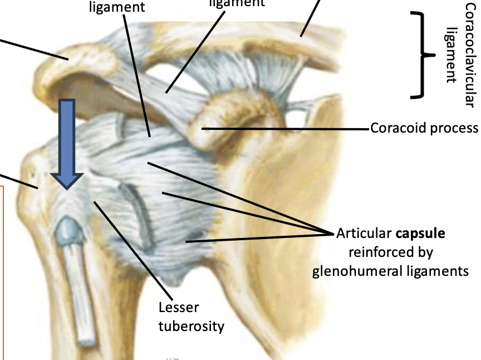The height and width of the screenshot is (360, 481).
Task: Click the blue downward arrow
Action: coord(67,139)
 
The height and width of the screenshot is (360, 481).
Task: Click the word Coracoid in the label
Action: coord(392,128)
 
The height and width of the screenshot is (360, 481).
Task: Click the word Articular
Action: coord(364,233)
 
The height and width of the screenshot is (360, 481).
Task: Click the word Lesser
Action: coord(178,308)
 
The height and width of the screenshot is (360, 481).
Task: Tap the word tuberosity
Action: coord(192,325)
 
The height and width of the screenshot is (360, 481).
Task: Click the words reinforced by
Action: coord(391,252)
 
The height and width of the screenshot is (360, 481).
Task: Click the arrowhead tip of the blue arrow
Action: coord(67,188)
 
